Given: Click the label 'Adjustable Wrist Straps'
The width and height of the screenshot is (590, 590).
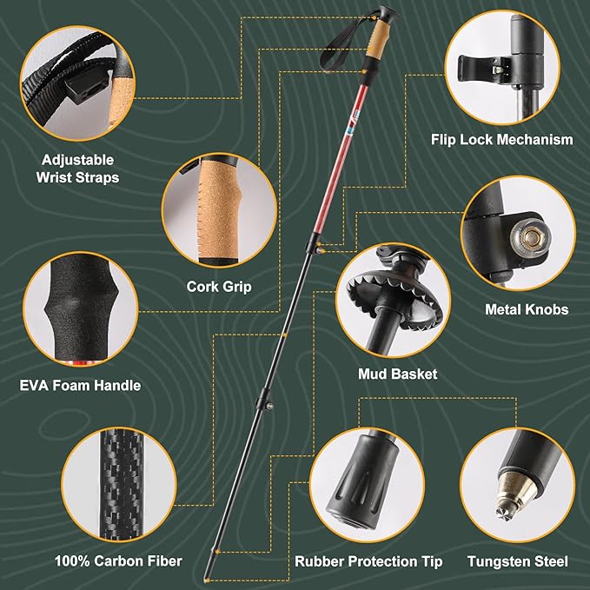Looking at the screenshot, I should tap(78, 169).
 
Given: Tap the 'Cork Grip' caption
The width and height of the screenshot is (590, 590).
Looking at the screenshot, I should tap(214, 285).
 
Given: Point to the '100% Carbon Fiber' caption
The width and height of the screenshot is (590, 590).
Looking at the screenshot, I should tap(117, 560).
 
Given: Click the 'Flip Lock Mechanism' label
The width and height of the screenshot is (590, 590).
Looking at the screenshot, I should tap(502, 139).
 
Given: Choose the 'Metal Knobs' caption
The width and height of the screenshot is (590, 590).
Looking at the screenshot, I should tap(526, 308).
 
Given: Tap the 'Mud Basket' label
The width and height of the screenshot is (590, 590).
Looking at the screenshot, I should tap(397, 375).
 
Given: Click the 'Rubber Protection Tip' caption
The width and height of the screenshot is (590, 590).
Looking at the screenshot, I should tap(369, 561).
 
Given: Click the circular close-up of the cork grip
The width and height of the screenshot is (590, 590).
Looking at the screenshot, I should tap(214, 211).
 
